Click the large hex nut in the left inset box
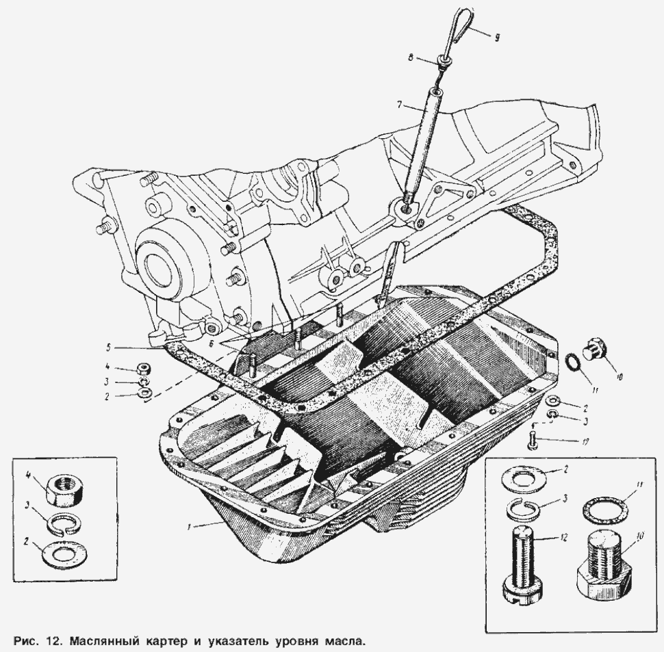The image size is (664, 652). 63,491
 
